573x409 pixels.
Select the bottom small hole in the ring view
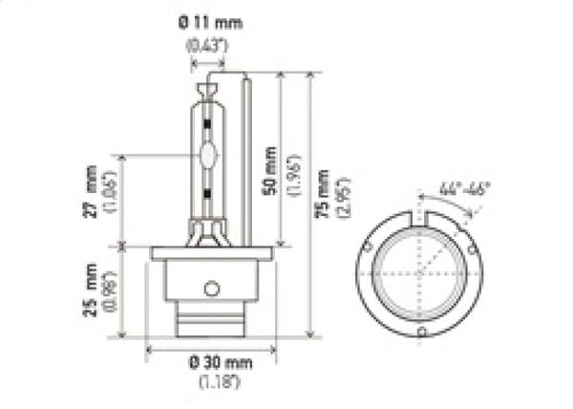pos(419,331)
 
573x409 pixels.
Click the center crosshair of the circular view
pos(418,271)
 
